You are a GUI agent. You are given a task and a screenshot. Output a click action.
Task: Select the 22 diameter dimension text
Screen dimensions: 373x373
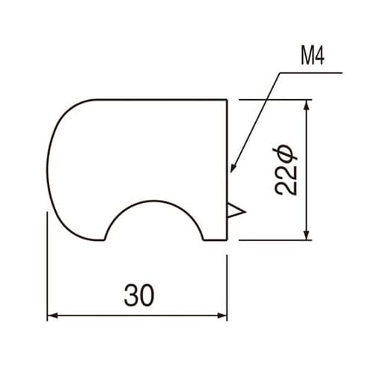pos(286,172)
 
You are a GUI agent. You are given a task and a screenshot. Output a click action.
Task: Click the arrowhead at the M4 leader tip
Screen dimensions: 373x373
pos(233,168)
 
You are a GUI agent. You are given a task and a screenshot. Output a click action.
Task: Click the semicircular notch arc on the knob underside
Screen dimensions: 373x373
pos(154,202)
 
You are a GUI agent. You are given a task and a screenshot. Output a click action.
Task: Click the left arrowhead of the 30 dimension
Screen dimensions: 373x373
pos(52,316)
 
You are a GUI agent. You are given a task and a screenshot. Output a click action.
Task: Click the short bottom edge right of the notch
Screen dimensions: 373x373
pos(216,240)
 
